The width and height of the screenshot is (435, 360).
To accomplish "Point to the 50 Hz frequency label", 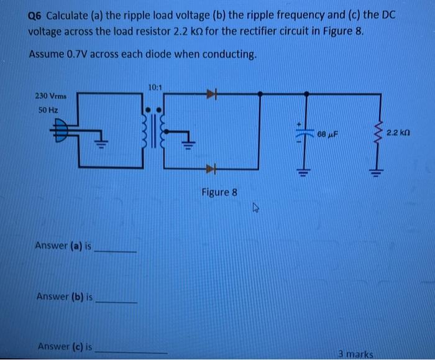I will click(45, 109).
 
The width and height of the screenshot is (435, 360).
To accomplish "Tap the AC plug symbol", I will click(62, 131).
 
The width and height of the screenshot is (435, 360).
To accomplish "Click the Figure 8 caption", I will click(219, 192).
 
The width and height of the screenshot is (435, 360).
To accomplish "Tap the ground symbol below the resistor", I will click(375, 173).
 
